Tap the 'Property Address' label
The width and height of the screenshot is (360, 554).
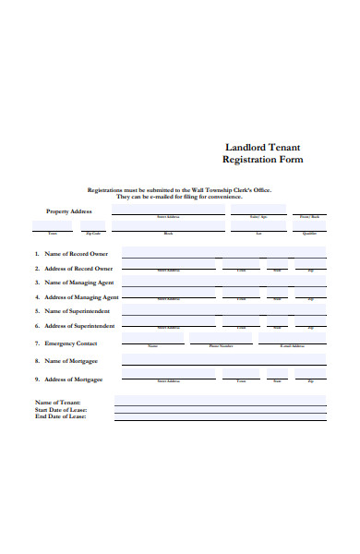(x=69, y=211)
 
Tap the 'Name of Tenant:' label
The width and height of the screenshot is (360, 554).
(x=58, y=403)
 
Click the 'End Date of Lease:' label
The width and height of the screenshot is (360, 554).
(x=61, y=417)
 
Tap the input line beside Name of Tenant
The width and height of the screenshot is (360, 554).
(x=220, y=402)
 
